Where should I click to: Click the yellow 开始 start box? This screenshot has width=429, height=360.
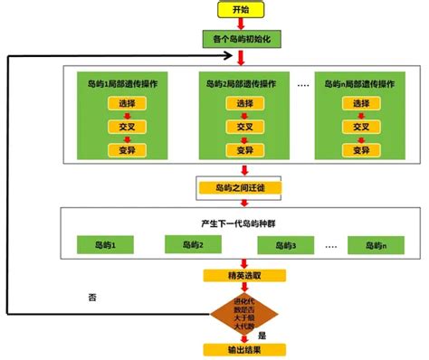click(x=241, y=10)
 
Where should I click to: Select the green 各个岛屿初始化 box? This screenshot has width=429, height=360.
click(x=240, y=40)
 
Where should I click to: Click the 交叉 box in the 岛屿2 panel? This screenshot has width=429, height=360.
click(x=246, y=128)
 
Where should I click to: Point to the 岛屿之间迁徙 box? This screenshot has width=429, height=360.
click(x=240, y=189)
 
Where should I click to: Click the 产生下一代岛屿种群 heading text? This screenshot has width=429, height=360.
click(x=241, y=223)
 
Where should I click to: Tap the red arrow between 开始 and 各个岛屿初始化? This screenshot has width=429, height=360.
click(x=241, y=24)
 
